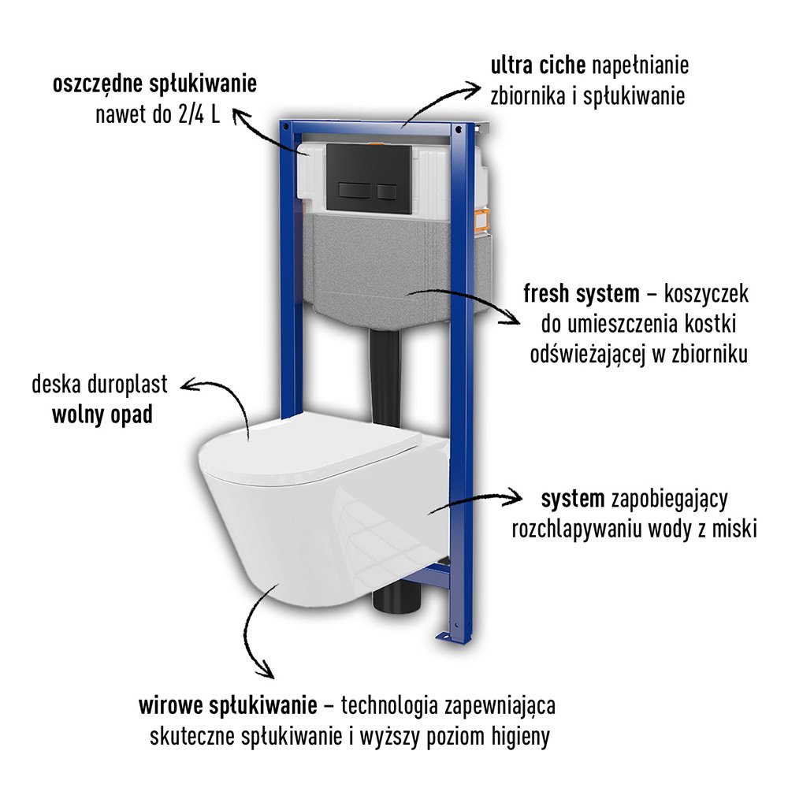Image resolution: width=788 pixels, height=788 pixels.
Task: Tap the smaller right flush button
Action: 386,190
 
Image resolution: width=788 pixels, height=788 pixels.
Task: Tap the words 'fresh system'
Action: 582,295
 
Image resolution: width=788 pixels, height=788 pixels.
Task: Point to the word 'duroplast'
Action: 130,385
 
